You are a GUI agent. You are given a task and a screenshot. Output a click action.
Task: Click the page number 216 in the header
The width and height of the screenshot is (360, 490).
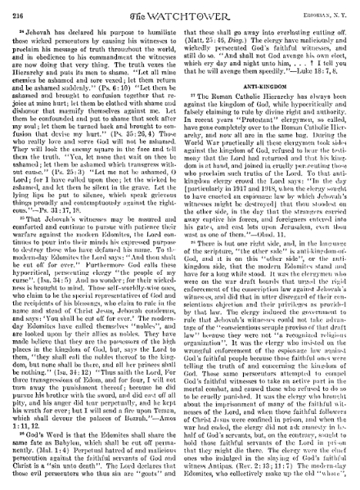point(20,7)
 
